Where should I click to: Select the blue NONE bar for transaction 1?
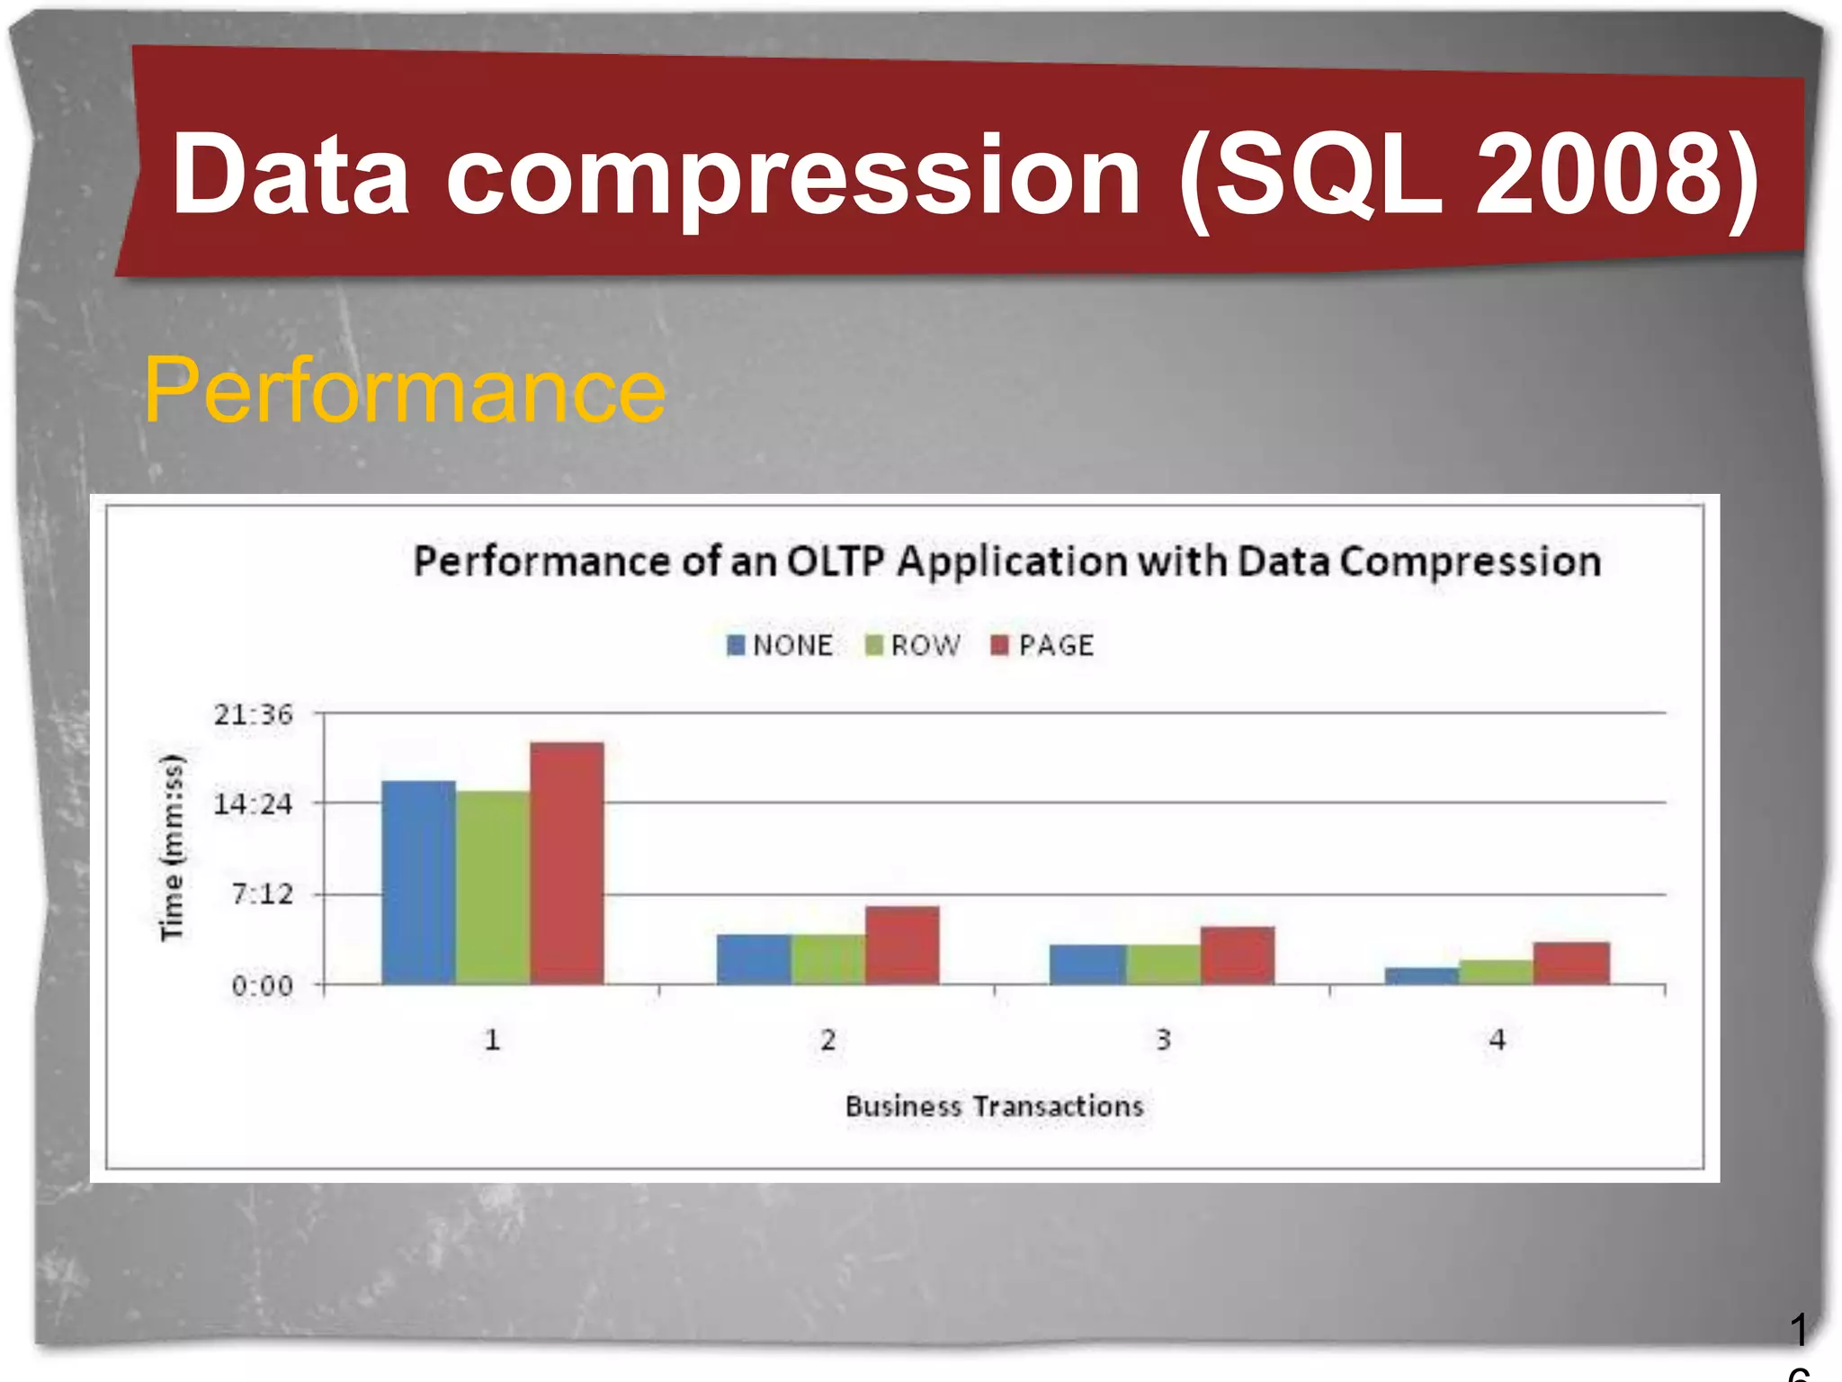click(x=418, y=882)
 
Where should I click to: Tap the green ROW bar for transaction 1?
click(x=492, y=886)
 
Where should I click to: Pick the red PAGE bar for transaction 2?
click(x=902, y=945)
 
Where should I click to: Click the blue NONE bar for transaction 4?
click(x=1421, y=975)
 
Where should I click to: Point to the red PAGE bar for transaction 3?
click(x=1238, y=955)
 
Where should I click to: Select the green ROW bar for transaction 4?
click(x=1496, y=972)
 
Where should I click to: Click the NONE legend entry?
click(x=780, y=645)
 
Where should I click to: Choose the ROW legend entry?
click(x=913, y=645)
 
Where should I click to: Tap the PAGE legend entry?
click(x=1043, y=645)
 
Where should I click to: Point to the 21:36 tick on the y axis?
click(x=254, y=714)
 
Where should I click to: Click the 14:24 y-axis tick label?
click(x=254, y=803)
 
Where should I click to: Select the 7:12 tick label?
click(x=263, y=894)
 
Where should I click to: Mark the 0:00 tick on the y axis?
click(x=263, y=986)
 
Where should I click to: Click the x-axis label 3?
click(x=1163, y=1040)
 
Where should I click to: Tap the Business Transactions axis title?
click(x=994, y=1106)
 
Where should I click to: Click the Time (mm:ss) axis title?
click(x=172, y=847)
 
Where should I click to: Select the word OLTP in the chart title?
click(x=836, y=561)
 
